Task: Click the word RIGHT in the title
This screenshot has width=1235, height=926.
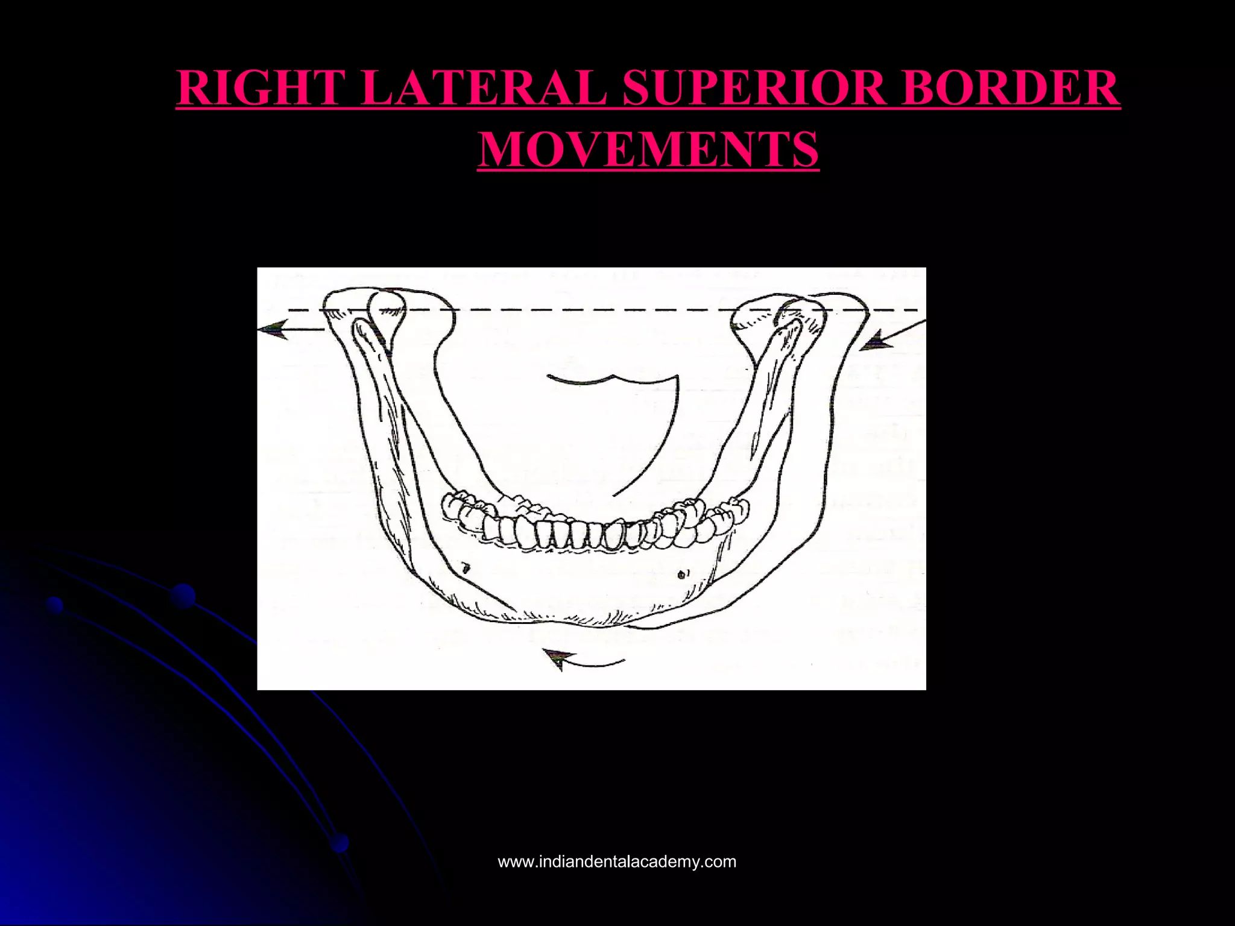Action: tap(261, 88)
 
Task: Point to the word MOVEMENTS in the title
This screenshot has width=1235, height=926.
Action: tap(648, 150)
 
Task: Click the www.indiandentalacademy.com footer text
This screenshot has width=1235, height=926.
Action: tap(617, 861)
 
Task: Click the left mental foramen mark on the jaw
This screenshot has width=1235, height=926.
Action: tap(465, 567)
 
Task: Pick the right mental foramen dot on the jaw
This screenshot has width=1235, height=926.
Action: tap(682, 573)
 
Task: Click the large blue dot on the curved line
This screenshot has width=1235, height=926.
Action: tap(183, 596)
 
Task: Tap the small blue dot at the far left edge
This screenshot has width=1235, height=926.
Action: tap(55, 605)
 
